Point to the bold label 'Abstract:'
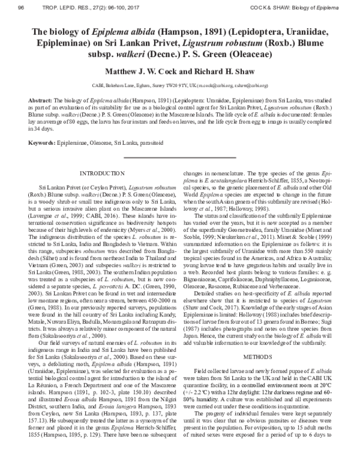coord(41,100)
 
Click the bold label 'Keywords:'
coord(43,143)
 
